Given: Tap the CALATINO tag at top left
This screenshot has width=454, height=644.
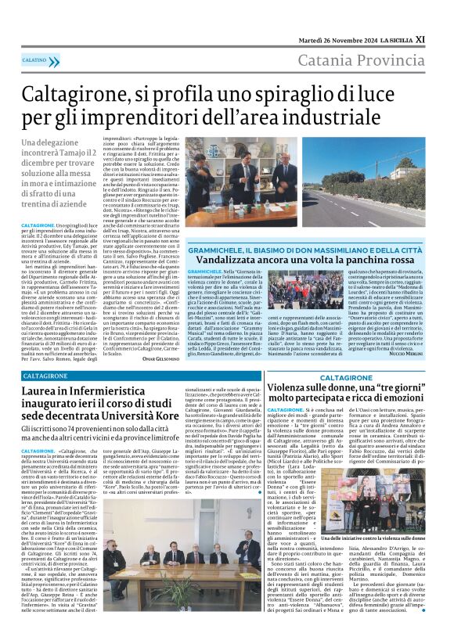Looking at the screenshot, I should click(x=34, y=59).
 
